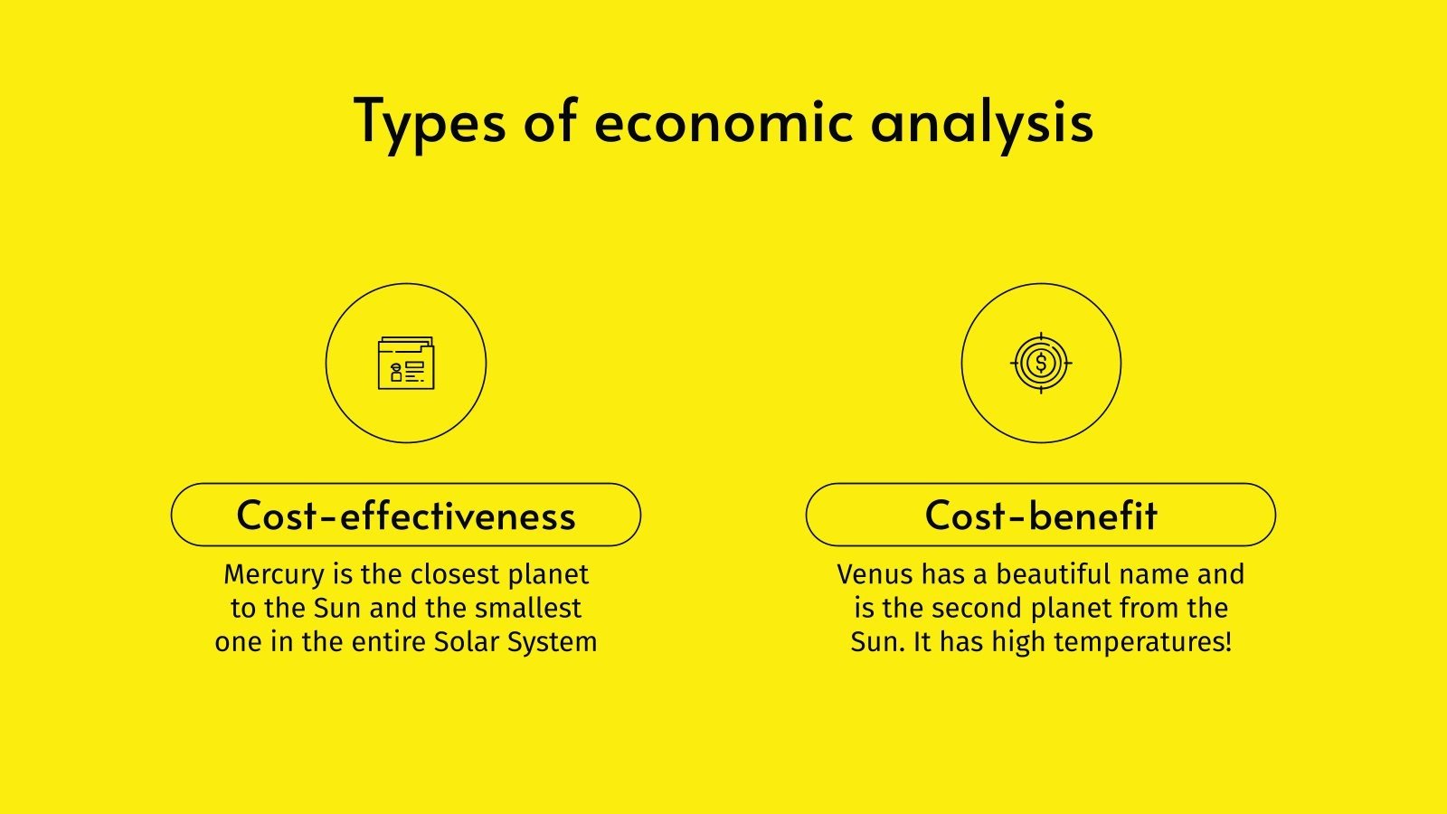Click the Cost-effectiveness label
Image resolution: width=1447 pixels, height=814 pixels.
click(x=406, y=516)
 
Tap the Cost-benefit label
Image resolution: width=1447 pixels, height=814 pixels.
click(x=1041, y=516)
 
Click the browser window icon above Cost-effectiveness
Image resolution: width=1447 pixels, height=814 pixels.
click(x=406, y=364)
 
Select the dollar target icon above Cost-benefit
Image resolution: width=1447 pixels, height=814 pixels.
click(x=1041, y=364)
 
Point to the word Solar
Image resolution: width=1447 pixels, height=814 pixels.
click(x=466, y=642)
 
